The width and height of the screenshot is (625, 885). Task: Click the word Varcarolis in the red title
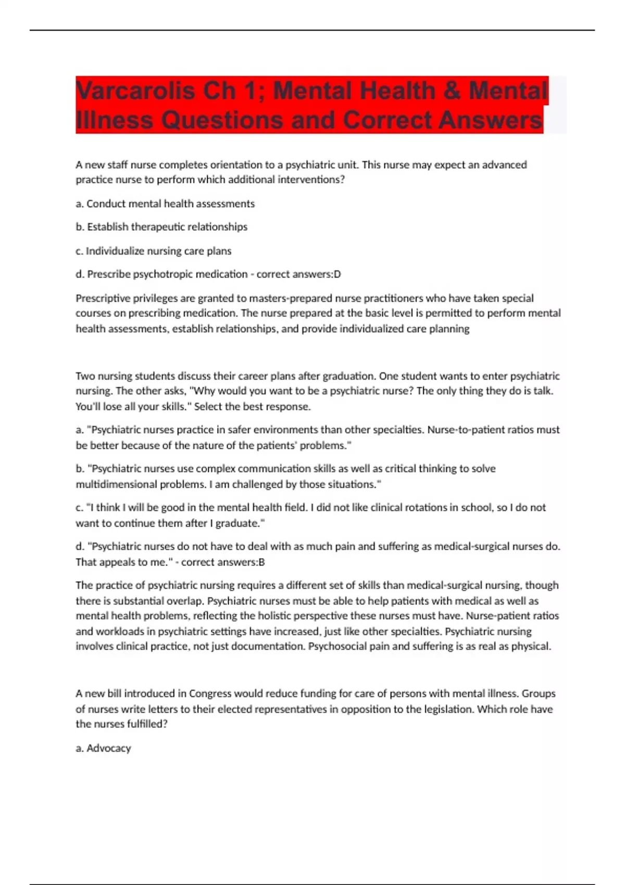click(x=135, y=91)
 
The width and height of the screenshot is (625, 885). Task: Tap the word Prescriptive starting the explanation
click(x=102, y=298)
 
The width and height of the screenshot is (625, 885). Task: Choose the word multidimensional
click(x=116, y=484)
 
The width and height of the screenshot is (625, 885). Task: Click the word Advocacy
click(x=108, y=748)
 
